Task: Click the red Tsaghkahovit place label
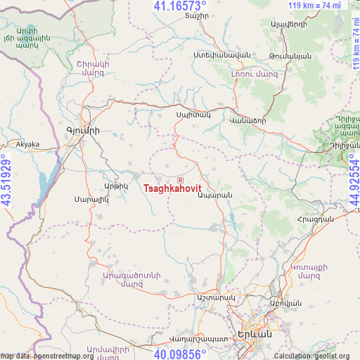point(172,188)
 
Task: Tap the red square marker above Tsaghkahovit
point(180,180)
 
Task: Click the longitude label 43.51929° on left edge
point(7,180)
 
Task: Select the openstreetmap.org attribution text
point(48,356)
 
